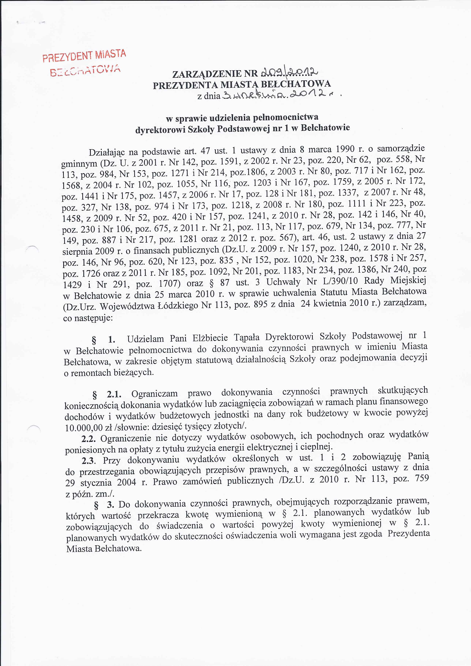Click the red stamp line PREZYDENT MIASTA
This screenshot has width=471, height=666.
pos(84,56)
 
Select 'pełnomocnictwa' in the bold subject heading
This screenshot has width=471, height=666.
pos(286,118)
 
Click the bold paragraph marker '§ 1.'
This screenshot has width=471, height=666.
pos(104,339)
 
